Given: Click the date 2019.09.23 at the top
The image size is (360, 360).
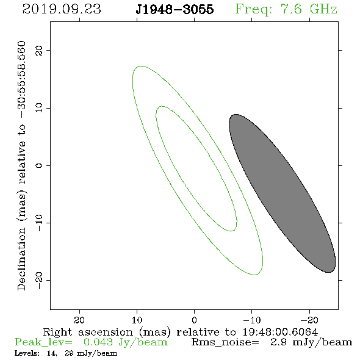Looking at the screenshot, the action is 62,9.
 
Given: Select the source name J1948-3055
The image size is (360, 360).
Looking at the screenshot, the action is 175,9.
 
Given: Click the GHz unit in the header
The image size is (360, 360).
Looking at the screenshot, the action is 323,9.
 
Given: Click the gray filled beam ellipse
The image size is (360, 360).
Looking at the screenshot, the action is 282,193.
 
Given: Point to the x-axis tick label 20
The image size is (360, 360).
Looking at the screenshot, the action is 79,320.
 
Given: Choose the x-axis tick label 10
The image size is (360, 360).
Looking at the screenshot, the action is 137,320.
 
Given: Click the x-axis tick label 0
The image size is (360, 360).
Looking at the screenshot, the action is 194,320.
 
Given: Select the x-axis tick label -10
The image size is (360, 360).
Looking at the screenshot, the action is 252,320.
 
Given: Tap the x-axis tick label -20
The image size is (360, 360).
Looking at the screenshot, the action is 309,320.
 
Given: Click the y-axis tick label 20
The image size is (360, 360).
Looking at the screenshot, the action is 39,50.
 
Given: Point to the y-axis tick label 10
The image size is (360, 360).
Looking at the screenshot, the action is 39,108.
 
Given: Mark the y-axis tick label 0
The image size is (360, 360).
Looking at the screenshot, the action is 39,165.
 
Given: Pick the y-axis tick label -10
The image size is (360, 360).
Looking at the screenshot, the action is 39,223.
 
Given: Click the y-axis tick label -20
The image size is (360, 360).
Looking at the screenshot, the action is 39,280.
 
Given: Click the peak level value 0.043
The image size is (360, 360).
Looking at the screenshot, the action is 98,342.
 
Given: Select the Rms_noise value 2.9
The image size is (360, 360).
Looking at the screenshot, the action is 278,342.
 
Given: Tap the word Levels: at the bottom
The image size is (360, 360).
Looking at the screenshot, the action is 27,353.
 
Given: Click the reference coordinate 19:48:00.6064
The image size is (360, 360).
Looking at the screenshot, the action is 280,332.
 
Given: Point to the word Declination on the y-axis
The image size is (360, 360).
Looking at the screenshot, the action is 21,259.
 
